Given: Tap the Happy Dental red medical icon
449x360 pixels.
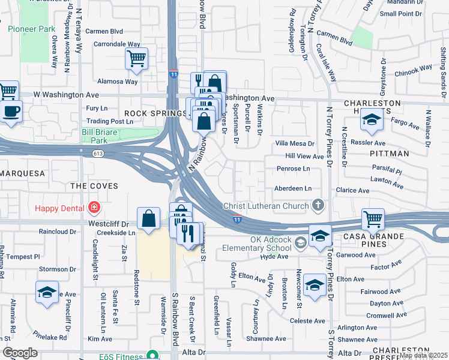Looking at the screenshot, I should click(x=94, y=208).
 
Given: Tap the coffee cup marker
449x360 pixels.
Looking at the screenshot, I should click(x=11, y=112).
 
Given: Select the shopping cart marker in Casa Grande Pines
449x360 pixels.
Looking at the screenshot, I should click(x=373, y=220).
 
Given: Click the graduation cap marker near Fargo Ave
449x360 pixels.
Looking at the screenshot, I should click(x=372, y=121).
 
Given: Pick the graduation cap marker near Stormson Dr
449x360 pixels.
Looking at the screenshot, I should click(x=46, y=293).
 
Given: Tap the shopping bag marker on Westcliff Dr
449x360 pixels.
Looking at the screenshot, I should click(x=148, y=220).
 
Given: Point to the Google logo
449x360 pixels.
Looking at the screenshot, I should click(x=20, y=353).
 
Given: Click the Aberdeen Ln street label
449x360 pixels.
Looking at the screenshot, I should click(x=292, y=188).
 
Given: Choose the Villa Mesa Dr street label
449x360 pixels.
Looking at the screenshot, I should click(x=295, y=143).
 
